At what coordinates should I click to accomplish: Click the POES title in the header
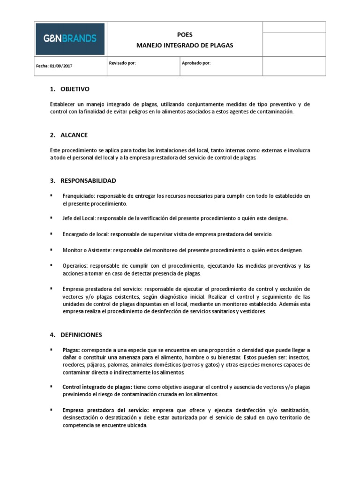pyautogui.click(x=184, y=35)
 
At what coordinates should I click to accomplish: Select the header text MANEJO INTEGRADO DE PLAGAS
pyautogui.click(x=184, y=45)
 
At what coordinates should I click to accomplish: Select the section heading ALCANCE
pyautogui.click(x=74, y=135)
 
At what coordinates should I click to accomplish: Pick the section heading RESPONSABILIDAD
pyautogui.click(x=88, y=180)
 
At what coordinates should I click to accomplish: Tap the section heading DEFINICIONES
pyautogui.click(x=81, y=335)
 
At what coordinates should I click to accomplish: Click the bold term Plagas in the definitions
pyautogui.click(x=71, y=350)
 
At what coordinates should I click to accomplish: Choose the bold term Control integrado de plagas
pyautogui.click(x=93, y=387)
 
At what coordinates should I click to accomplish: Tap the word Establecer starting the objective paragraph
pyautogui.click(x=62, y=105)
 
